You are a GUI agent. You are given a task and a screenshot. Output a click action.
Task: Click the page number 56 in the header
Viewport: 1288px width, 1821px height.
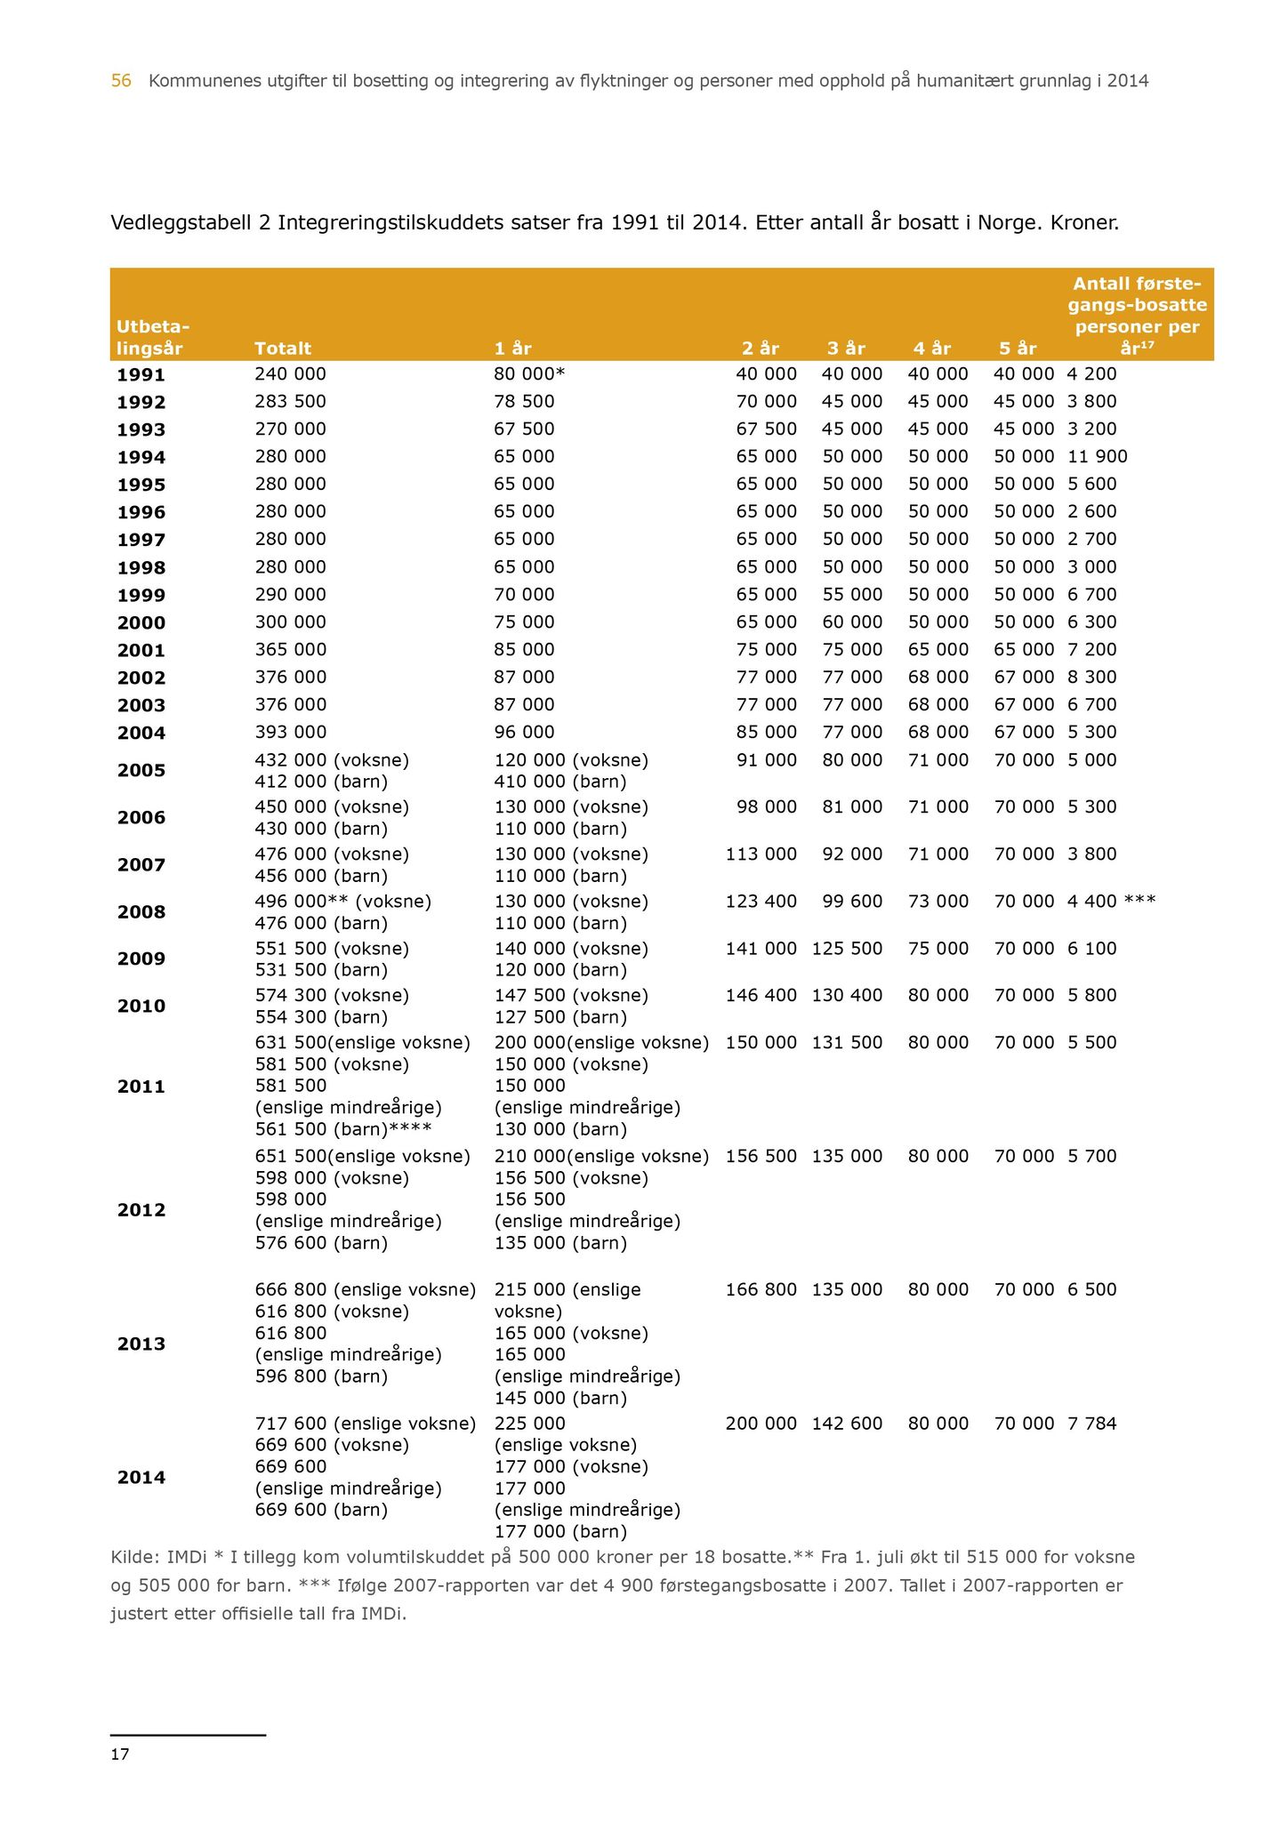[x=121, y=81]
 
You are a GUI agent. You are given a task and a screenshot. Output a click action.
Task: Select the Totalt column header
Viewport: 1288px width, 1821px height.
[x=283, y=349]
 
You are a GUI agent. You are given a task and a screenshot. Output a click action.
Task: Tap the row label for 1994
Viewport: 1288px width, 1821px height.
[x=141, y=457]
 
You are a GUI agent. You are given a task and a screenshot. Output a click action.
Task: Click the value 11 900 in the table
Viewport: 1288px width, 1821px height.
[x=1097, y=456]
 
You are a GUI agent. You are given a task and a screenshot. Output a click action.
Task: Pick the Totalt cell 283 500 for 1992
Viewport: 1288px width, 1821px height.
[x=290, y=401]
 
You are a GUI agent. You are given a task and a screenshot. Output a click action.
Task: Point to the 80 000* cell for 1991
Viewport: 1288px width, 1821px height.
[x=529, y=374]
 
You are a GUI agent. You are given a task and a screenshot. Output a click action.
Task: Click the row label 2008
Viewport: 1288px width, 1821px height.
[x=141, y=912]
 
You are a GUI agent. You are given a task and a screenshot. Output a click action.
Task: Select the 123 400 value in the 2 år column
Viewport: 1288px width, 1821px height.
[x=761, y=901]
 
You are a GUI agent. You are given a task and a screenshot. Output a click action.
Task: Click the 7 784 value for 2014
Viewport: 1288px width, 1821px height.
[x=1091, y=1424]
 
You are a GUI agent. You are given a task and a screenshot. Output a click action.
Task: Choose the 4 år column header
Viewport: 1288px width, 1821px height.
[x=932, y=349]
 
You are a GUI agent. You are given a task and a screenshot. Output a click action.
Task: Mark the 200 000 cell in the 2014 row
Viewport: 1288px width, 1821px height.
[x=761, y=1424]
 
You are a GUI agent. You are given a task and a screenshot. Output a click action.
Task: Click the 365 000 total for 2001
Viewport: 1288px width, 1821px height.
[x=290, y=649]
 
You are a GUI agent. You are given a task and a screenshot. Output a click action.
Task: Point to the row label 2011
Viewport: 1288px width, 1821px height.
[x=141, y=1087]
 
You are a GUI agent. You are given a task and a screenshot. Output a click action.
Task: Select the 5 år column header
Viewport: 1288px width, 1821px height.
[x=1018, y=349]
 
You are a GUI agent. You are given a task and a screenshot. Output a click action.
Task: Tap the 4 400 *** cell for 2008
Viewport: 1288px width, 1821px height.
[x=1111, y=901]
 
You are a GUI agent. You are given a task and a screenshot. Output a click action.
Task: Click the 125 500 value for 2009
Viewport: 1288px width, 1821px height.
[x=847, y=948]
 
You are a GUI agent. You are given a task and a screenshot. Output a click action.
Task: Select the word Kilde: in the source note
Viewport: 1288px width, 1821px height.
[x=133, y=1557]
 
